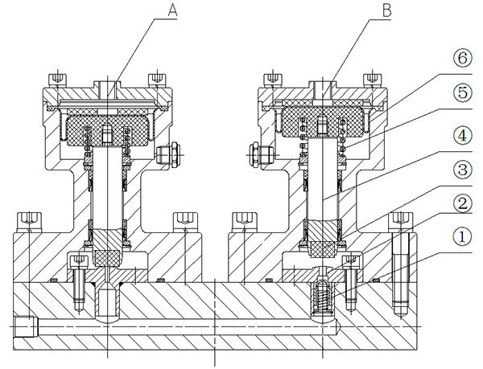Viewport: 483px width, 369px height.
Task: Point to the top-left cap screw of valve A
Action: click(x=56, y=79)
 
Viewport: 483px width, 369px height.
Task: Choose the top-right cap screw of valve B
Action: click(x=371, y=79)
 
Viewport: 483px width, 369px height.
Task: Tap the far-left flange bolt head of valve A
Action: click(x=30, y=218)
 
